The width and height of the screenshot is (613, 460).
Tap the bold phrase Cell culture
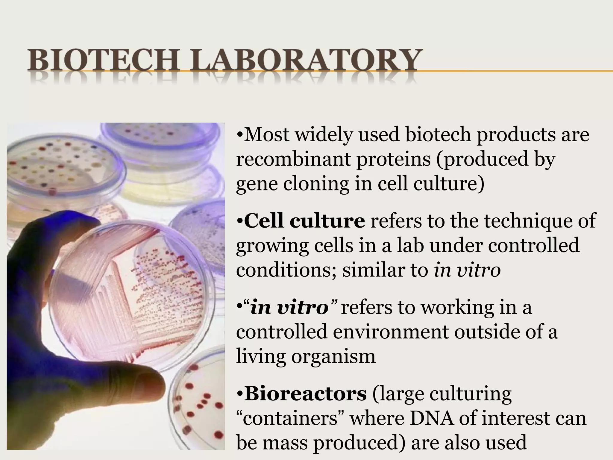304,221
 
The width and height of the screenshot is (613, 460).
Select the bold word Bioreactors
305,394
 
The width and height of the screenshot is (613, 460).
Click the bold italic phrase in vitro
289,308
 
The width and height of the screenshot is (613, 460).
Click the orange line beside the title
515,71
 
